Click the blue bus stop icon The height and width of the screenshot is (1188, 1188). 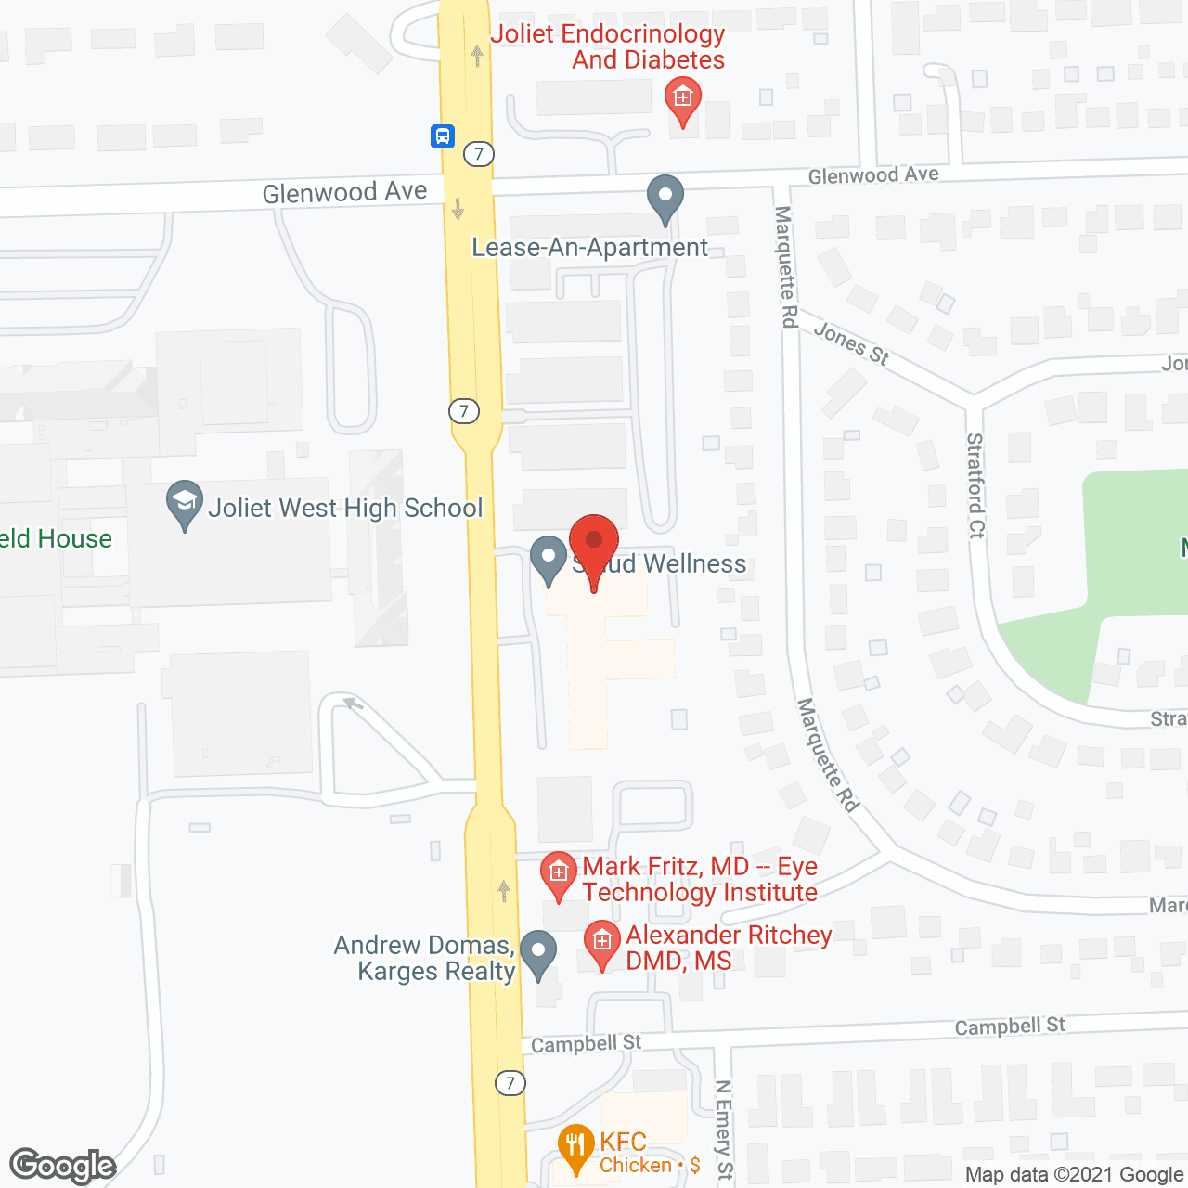pyautogui.click(x=442, y=136)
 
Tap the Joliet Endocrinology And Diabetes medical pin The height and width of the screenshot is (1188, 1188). pyautogui.click(x=683, y=99)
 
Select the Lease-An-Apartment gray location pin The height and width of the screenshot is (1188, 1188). pyautogui.click(x=665, y=198)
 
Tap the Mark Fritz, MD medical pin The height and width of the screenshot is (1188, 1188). pyautogui.click(x=558, y=874)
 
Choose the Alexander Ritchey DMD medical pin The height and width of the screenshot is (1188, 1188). pyautogui.click(x=601, y=942)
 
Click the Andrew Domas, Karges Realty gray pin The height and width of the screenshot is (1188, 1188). pyautogui.click(x=537, y=953)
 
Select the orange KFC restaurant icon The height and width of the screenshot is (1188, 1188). pyautogui.click(x=575, y=1147)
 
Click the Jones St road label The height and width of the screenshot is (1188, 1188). pyautogui.click(x=851, y=343)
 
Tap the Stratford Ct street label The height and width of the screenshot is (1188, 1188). pyautogui.click(x=975, y=484)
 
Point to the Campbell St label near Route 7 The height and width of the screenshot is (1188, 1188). pyautogui.click(x=586, y=1043)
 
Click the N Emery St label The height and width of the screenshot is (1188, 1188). pyautogui.click(x=724, y=1129)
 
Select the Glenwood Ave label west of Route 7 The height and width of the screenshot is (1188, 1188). pyautogui.click(x=344, y=192)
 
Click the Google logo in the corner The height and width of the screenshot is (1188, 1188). pyautogui.click(x=62, y=1166)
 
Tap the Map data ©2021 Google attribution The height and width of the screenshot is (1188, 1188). pyautogui.click(x=1075, y=1174)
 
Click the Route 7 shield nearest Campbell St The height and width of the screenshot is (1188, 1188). pyautogui.click(x=510, y=1083)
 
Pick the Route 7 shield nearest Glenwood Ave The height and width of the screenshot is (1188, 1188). pyautogui.click(x=479, y=153)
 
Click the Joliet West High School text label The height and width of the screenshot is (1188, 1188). pyautogui.click(x=345, y=508)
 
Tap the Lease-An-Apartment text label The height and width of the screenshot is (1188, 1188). pyautogui.click(x=589, y=248)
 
